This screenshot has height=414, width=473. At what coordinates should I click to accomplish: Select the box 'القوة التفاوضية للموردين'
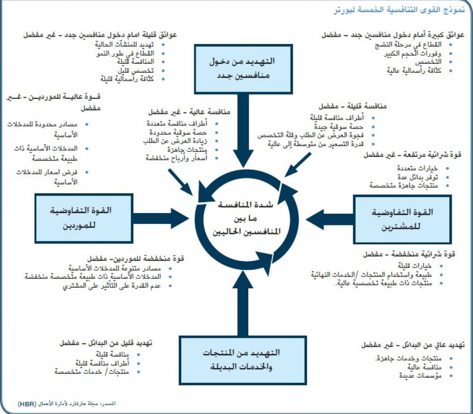point(82,218)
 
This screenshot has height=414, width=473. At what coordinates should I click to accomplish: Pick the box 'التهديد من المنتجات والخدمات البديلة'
point(242,360)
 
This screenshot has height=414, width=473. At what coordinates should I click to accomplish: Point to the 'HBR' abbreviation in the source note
point(27,404)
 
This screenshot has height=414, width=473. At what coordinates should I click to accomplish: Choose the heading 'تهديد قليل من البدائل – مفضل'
point(105,343)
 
